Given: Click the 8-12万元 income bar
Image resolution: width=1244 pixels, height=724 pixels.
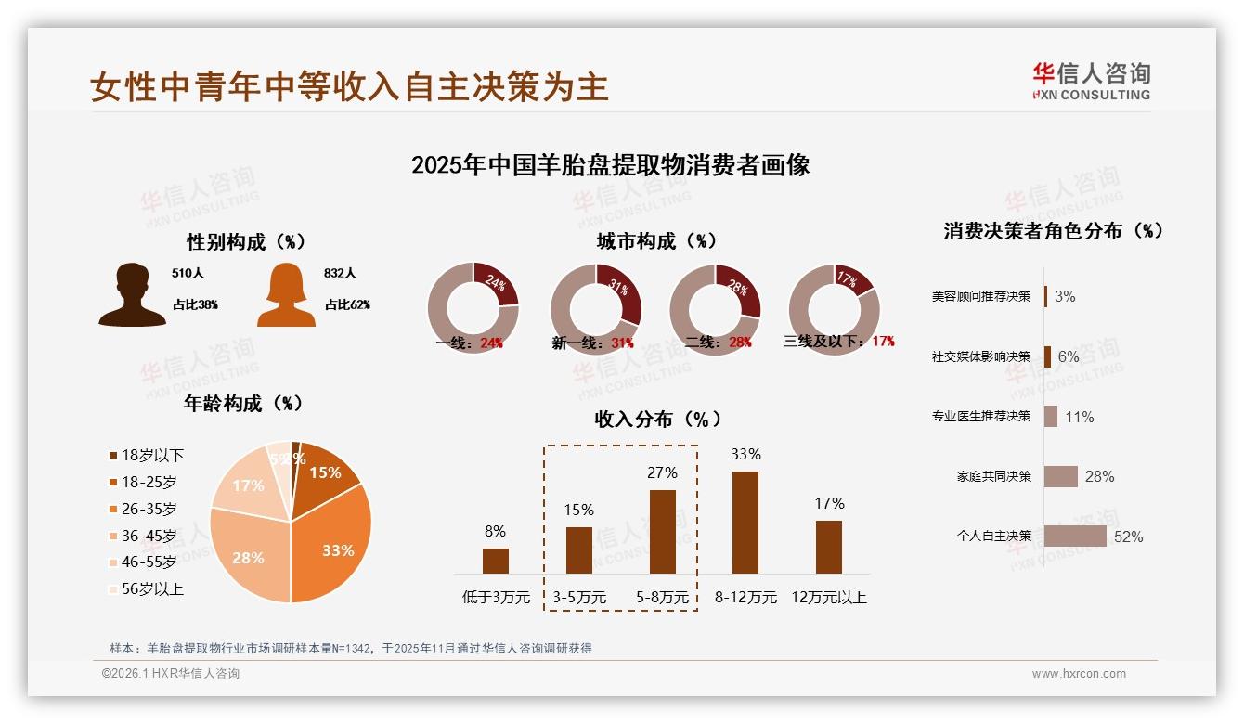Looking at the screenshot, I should tap(745, 523).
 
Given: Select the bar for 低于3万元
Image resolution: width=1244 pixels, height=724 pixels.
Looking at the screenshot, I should tap(496, 561).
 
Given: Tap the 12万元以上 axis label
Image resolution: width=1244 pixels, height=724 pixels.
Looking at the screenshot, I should tap(829, 598).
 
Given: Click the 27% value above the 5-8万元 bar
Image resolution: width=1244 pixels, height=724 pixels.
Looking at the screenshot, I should tap(662, 473).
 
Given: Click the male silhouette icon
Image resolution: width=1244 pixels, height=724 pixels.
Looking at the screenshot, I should tap(132, 294).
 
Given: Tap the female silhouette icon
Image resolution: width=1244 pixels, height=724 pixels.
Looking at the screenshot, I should tap(286, 295).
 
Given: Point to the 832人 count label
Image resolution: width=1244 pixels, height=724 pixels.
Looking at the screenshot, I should tap(341, 274).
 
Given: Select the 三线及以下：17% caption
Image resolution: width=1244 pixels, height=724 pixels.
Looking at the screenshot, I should tap(838, 342).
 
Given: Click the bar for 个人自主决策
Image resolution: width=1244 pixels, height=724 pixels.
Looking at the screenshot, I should tap(1075, 537).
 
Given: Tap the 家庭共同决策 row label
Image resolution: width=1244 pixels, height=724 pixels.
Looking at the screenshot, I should tap(993, 476).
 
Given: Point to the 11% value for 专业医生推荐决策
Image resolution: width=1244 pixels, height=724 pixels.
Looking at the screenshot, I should tap(1079, 418).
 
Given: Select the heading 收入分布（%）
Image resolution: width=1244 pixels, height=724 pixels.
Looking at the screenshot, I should tap(657, 420).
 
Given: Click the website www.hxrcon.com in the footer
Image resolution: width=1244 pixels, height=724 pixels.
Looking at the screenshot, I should tap(1079, 674).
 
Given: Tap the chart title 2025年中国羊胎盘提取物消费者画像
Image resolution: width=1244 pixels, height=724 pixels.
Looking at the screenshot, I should tap(610, 165).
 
